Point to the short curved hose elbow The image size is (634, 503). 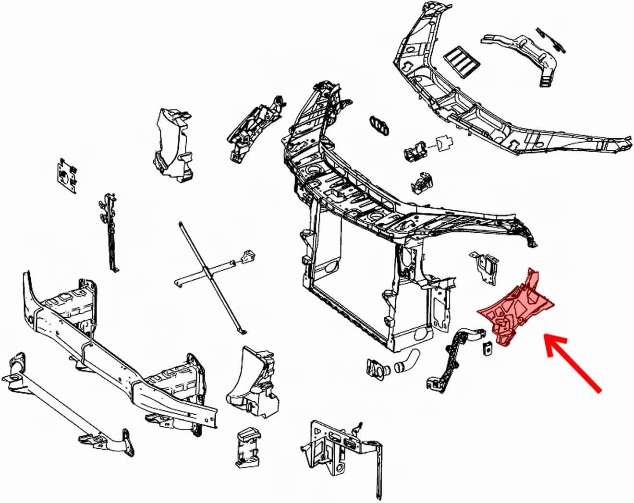coord(406,361)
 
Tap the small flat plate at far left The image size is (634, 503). coord(68,176)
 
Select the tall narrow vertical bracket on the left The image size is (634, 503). coord(110,230)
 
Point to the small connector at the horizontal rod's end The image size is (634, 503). coord(248,256)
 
